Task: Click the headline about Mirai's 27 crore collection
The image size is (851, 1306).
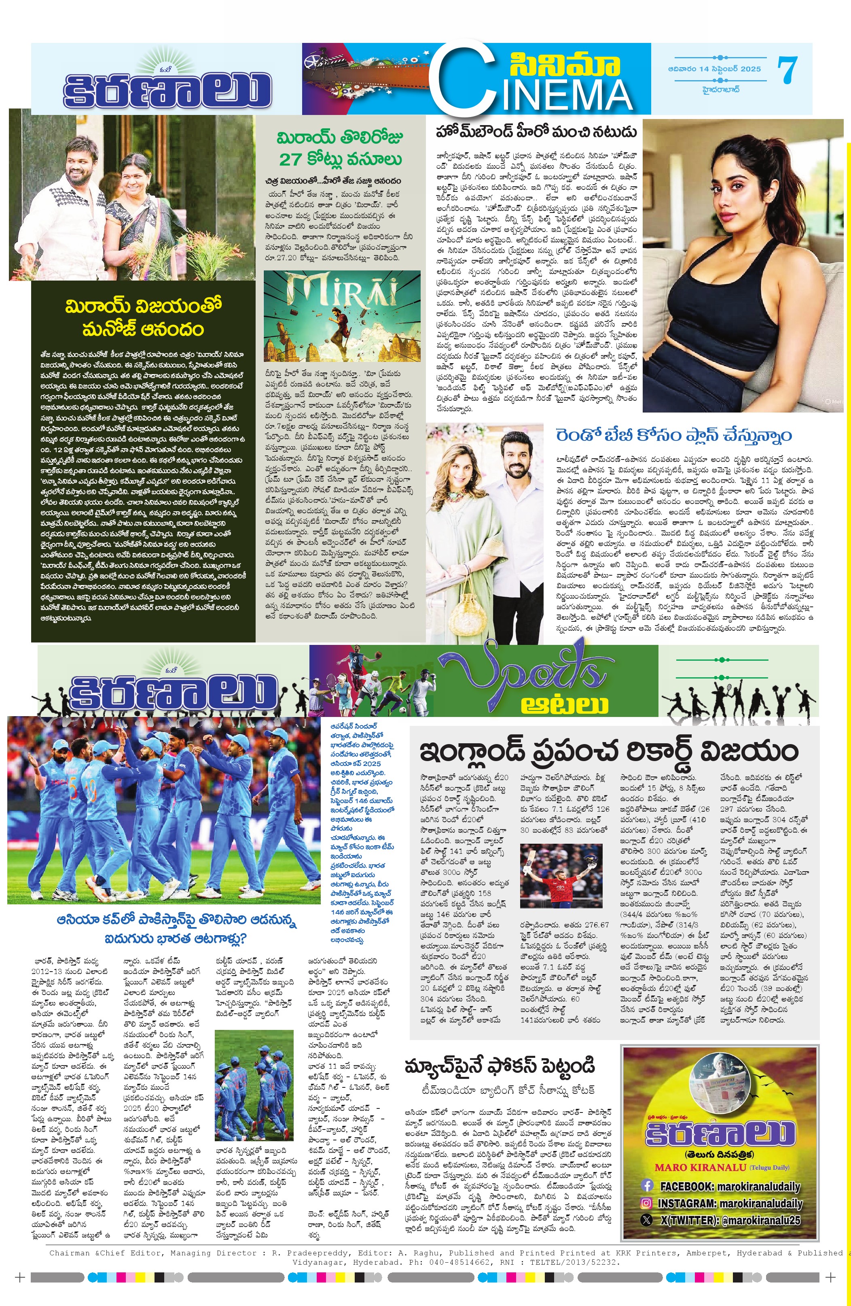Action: [x=340, y=148]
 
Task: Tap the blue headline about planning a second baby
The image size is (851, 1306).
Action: [x=674, y=435]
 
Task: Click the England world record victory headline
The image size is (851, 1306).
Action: [x=609, y=751]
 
